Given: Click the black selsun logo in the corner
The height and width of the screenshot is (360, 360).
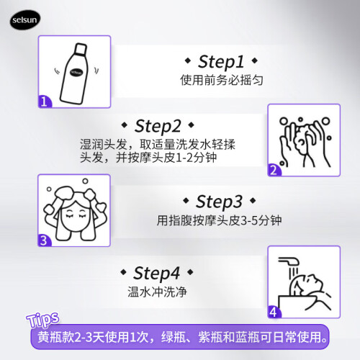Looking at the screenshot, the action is (x=25, y=19).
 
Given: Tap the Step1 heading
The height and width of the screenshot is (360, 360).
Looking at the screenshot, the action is (x=221, y=62).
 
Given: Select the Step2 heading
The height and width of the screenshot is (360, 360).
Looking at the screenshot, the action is (x=158, y=126).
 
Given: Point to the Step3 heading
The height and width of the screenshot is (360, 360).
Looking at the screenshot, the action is (x=219, y=202).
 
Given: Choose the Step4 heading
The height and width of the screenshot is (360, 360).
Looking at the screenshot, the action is (x=156, y=273).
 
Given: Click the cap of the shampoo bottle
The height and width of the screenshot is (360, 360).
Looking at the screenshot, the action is (x=81, y=49).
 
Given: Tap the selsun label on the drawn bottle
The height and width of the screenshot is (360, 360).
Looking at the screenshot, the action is (x=76, y=72).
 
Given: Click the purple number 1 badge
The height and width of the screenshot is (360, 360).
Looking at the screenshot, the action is (x=45, y=102).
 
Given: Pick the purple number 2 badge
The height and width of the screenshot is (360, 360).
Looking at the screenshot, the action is (x=274, y=170).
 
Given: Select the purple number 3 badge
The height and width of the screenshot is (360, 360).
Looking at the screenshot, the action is (x=44, y=240).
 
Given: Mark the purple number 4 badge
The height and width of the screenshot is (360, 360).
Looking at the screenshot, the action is (x=274, y=312).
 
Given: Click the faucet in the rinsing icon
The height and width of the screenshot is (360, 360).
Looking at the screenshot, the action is (x=289, y=261).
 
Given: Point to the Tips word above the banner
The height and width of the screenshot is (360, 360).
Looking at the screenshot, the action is (x=42, y=320).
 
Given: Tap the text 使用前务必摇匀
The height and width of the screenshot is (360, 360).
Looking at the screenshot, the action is (x=222, y=80).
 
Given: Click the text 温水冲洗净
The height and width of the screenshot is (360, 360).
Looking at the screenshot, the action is (x=157, y=292).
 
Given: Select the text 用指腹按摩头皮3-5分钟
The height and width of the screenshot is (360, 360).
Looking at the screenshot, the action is (x=219, y=220).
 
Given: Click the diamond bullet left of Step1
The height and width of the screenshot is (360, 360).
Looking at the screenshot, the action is (x=188, y=60).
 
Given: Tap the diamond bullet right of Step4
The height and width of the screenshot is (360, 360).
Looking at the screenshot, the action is (x=190, y=272).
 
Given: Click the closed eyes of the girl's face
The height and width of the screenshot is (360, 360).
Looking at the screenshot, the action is (x=76, y=215).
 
